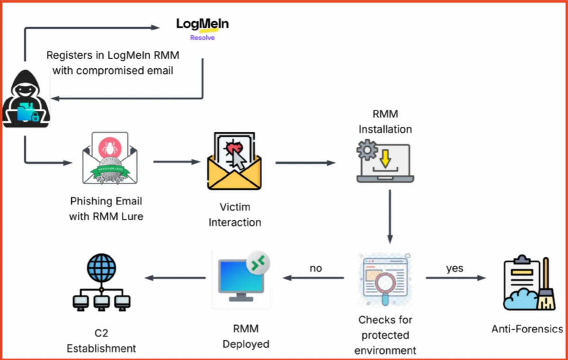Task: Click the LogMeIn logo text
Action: point(202,24)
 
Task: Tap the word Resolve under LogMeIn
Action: point(202,37)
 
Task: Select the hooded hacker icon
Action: point(27,100)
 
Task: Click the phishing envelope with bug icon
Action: point(109,158)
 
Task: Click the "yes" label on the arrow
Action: point(454,268)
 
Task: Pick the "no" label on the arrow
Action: point(316,268)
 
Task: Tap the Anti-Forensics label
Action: point(527,329)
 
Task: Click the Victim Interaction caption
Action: point(235,215)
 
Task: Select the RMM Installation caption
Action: point(385,122)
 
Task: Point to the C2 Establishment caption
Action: point(101,341)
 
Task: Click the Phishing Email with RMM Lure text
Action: point(106,209)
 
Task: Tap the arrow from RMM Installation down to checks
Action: point(390,216)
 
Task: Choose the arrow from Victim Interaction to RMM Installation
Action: point(305,163)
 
